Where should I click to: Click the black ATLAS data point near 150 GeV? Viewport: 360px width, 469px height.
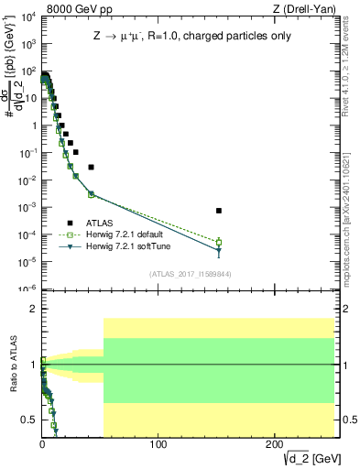click(219, 211)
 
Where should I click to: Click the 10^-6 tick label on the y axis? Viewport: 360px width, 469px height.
click(28, 289)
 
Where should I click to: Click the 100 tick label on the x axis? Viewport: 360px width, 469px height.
click(158, 445)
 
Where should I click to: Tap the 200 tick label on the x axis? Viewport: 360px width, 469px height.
click(275, 445)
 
